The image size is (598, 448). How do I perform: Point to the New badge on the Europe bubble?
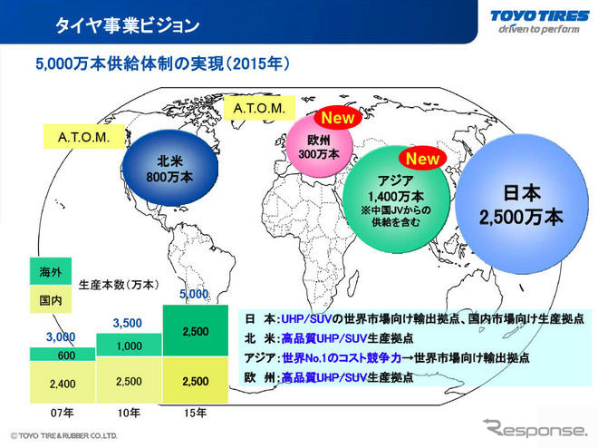pyautogui.click(x=337, y=118)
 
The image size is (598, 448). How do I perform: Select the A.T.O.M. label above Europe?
pyautogui.click(x=259, y=109)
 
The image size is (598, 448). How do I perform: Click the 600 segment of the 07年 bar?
pyautogui.click(x=55, y=355)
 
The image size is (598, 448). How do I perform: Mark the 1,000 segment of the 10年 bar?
pyautogui.click(x=129, y=346)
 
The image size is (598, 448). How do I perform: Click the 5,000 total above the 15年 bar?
pyautogui.click(x=194, y=294)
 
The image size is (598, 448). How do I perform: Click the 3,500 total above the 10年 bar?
pyautogui.click(x=128, y=322)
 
